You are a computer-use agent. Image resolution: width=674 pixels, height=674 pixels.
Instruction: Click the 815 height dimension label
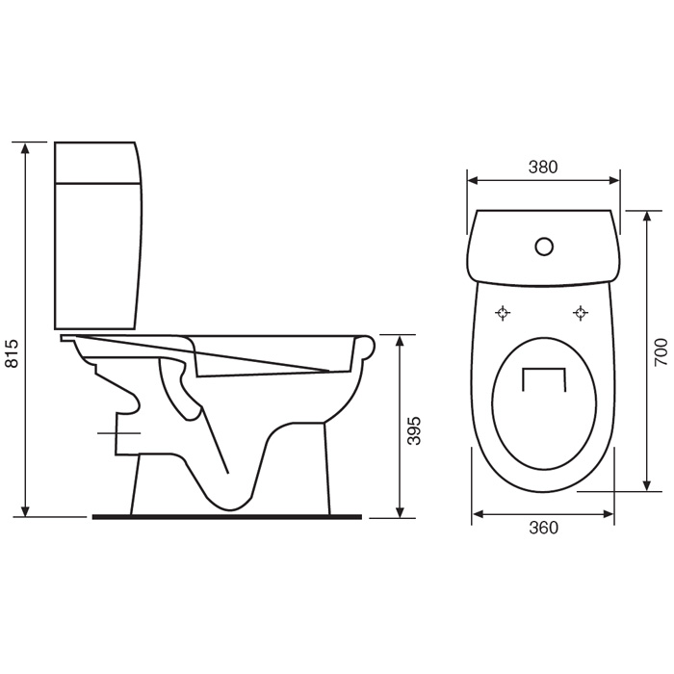click(13, 353)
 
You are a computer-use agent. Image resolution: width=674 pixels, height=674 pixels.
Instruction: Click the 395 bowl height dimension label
click(413, 430)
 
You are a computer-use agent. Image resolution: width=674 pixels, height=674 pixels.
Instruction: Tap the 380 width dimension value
click(543, 168)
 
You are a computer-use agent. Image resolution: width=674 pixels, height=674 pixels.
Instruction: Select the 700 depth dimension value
click(661, 352)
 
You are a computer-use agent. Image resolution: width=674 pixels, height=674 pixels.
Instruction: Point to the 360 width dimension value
click(543, 528)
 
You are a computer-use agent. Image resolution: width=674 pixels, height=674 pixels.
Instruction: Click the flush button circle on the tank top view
click(544, 246)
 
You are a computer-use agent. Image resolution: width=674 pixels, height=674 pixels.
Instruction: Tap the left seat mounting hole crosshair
click(503, 313)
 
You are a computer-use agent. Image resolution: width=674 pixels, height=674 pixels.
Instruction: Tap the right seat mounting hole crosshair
click(581, 313)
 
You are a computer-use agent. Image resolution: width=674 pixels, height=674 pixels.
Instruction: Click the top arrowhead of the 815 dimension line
click(25, 148)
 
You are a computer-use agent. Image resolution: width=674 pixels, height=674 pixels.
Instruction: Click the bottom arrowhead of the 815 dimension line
click(25, 510)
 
